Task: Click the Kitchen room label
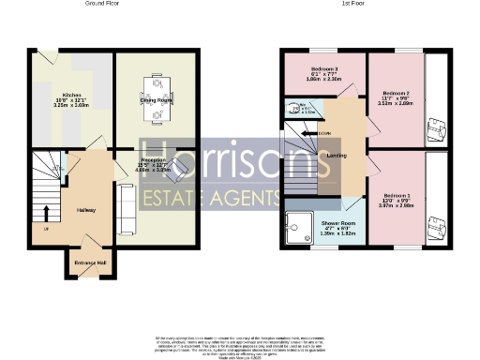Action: (70, 96)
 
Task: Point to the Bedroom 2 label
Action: (397, 92)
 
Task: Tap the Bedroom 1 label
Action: (397, 195)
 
